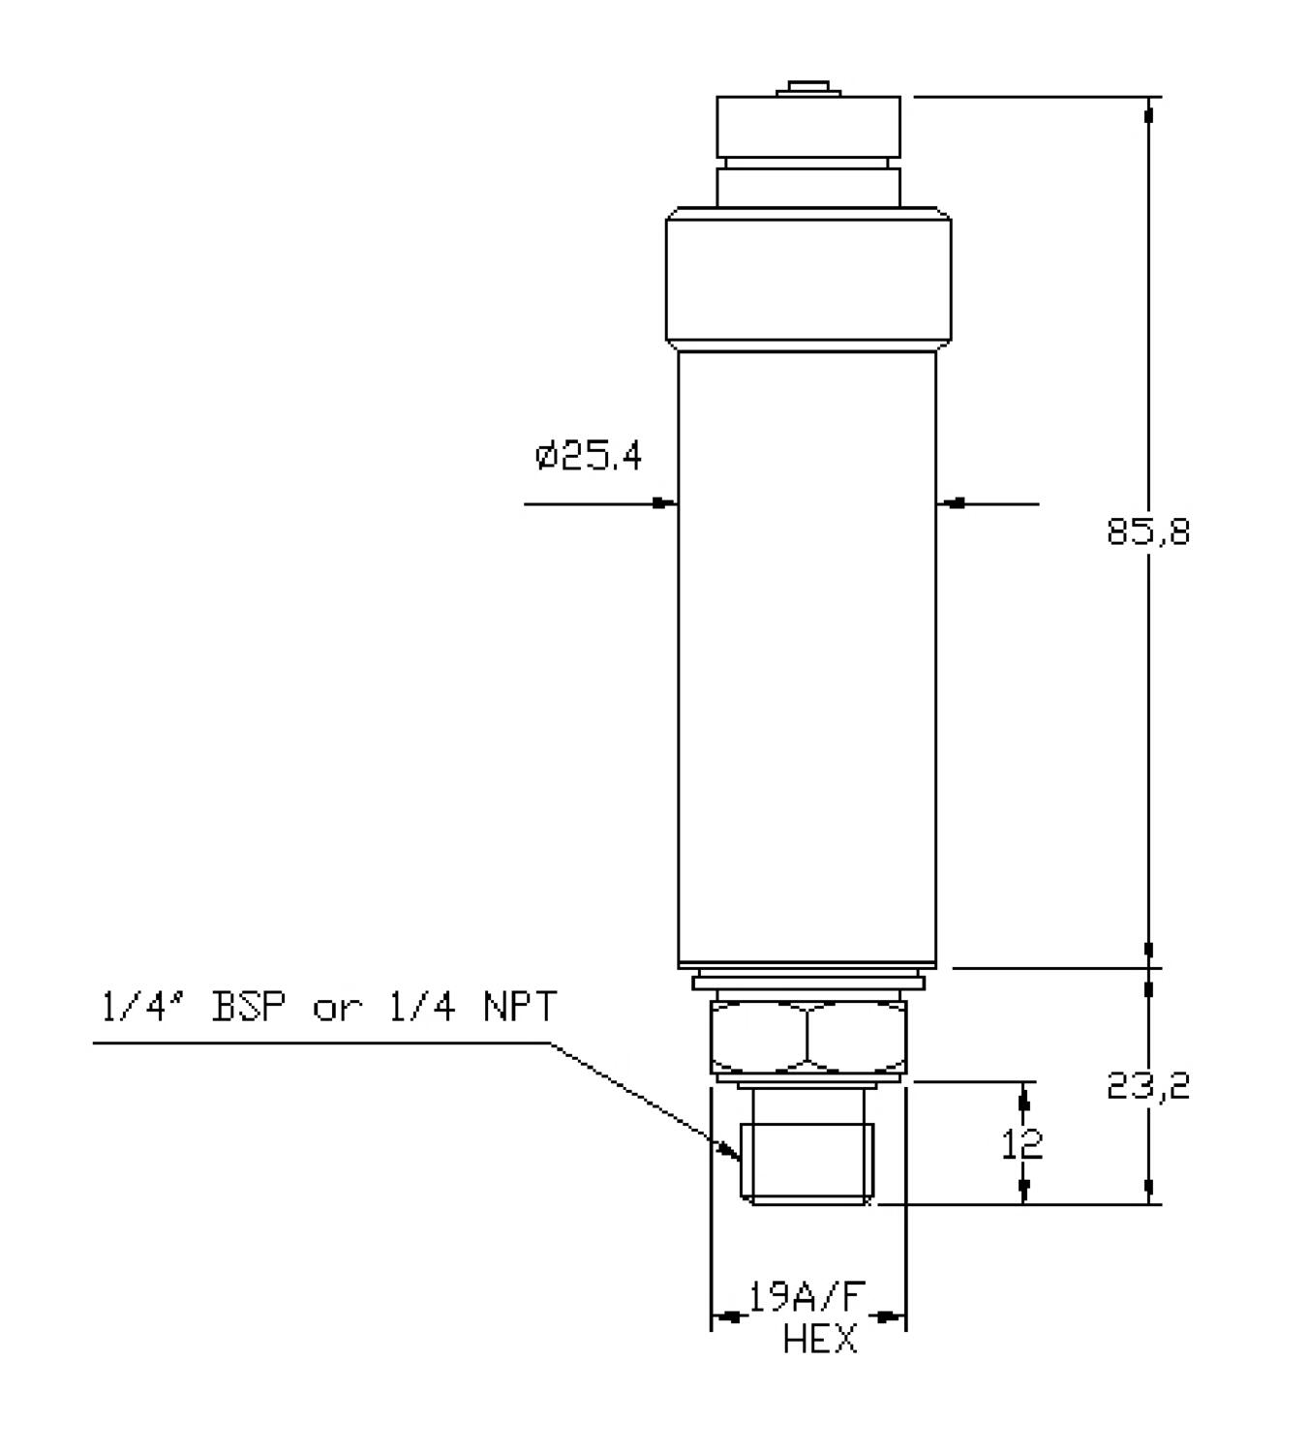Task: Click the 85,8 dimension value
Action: (1148, 532)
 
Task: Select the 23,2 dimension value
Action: (1148, 1086)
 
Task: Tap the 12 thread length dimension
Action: (1021, 1143)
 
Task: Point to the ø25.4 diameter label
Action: (589, 456)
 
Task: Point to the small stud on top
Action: (808, 88)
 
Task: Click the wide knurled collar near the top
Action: (808, 275)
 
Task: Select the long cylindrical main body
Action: (807, 658)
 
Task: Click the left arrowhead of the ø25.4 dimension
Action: (665, 502)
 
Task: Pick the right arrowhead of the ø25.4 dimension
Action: (949, 502)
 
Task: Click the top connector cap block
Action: (808, 127)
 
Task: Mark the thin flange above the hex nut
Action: (808, 983)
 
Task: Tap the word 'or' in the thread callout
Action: (337, 1011)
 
